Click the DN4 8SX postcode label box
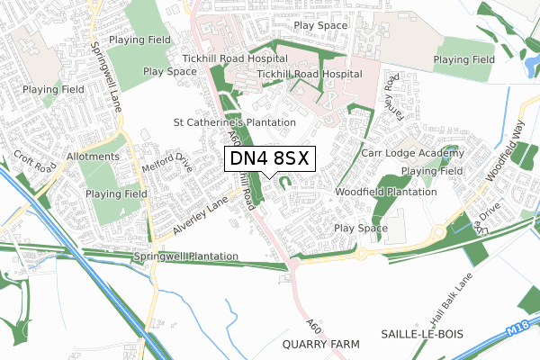coord(269,158)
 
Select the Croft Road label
coord(32,160)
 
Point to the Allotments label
coord(91,157)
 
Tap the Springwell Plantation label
coord(185,256)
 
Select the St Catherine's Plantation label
coord(235,121)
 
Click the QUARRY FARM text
coord(319,344)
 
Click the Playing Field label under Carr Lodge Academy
coord(432,171)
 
